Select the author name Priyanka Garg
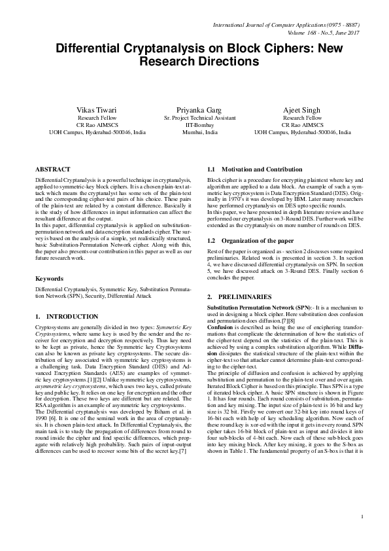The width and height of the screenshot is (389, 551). coord(195,108)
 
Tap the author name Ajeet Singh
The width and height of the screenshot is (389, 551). coord(302,108)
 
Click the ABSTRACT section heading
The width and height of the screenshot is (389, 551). coord(52,169)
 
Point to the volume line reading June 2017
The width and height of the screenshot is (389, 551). coord(323,32)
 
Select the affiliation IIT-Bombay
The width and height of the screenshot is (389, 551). coord(195,124)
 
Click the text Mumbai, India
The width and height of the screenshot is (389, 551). coord(195,132)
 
